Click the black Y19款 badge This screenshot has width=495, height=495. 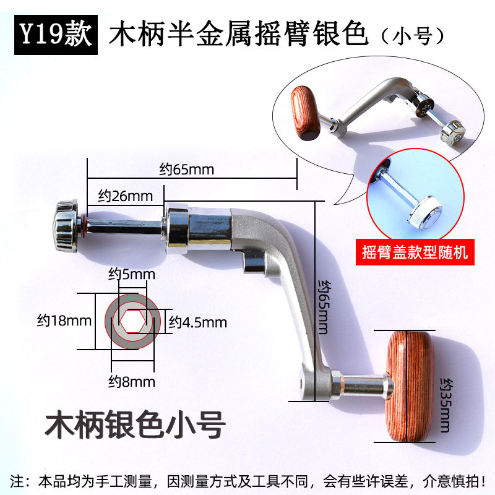point(54,34)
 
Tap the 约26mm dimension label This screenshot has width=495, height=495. point(126,196)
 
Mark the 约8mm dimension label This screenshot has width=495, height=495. point(132,381)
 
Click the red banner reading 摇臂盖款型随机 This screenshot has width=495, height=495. point(415,252)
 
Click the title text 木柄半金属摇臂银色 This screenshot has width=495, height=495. point(239,35)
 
